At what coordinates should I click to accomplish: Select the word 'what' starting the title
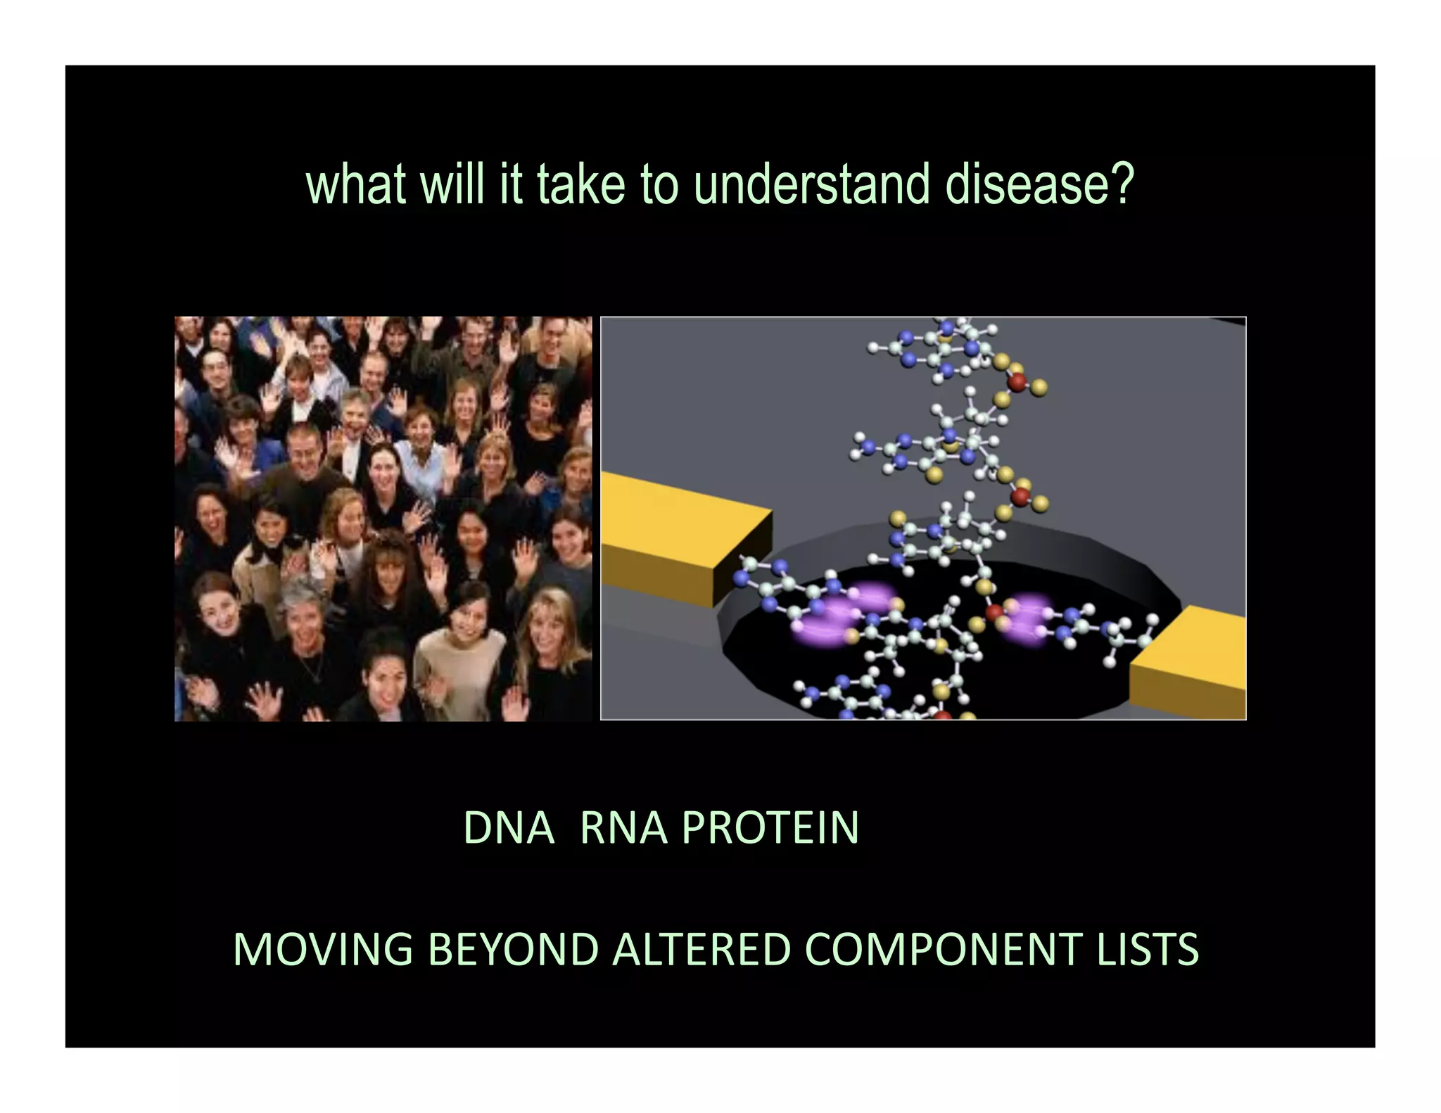(x=357, y=186)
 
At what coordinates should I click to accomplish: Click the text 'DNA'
(x=508, y=827)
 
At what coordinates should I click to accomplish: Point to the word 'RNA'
(x=623, y=827)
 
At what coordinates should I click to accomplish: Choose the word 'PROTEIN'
(x=770, y=827)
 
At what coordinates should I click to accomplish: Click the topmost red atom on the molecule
(x=1018, y=382)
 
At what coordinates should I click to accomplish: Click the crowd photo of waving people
(x=383, y=519)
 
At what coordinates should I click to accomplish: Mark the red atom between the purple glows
(x=994, y=613)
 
